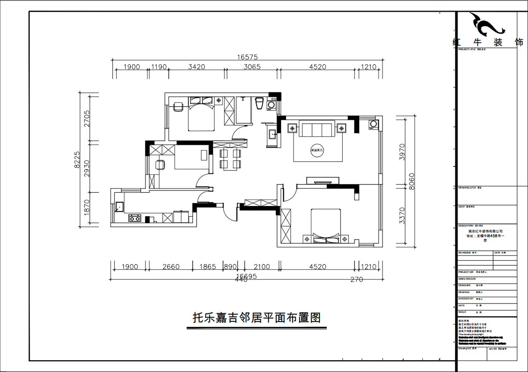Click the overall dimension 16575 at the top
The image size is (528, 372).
[247, 57]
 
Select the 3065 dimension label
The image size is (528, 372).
[252, 67]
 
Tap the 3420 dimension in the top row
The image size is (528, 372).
[197, 67]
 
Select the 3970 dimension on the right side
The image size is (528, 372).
[401, 151]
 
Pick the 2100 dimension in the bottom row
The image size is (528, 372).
[262, 267]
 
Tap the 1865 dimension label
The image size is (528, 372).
[208, 267]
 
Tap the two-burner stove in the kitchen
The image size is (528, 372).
[135, 218]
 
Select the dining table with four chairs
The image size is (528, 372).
[231, 159]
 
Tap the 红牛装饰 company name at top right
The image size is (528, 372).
[488, 43]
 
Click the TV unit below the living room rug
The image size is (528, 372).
[323, 180]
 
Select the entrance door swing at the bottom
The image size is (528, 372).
[229, 214]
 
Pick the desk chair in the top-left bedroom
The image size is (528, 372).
[178, 107]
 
